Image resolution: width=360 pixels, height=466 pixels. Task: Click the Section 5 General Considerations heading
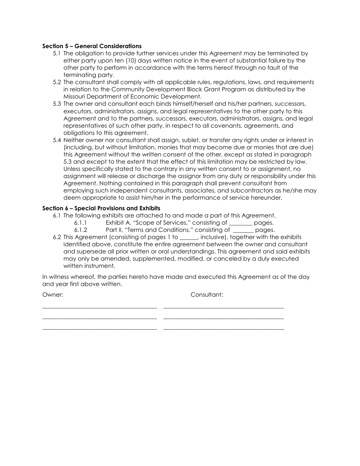click(x=92, y=46)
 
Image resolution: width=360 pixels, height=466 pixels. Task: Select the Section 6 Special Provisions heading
click(x=101, y=208)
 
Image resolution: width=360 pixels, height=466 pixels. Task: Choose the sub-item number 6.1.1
click(x=80, y=223)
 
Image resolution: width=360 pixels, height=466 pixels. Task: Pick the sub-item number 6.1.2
click(x=80, y=230)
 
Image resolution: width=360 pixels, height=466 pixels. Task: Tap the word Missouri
click(x=76, y=97)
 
